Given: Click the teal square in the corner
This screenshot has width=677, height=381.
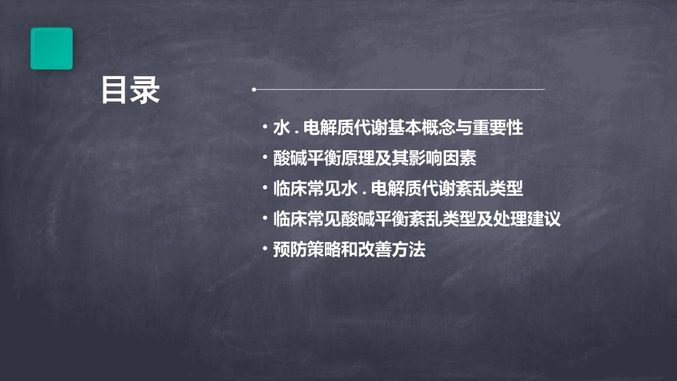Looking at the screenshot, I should [51, 48].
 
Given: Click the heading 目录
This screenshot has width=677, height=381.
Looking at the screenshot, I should [130, 91].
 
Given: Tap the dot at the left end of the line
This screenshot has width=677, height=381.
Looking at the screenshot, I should [254, 90].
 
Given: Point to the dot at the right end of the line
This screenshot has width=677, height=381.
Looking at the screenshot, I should [544, 90].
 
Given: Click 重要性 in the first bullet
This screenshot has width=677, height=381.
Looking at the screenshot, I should [502, 128].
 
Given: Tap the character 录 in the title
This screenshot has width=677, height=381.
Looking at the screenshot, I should [145, 91].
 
